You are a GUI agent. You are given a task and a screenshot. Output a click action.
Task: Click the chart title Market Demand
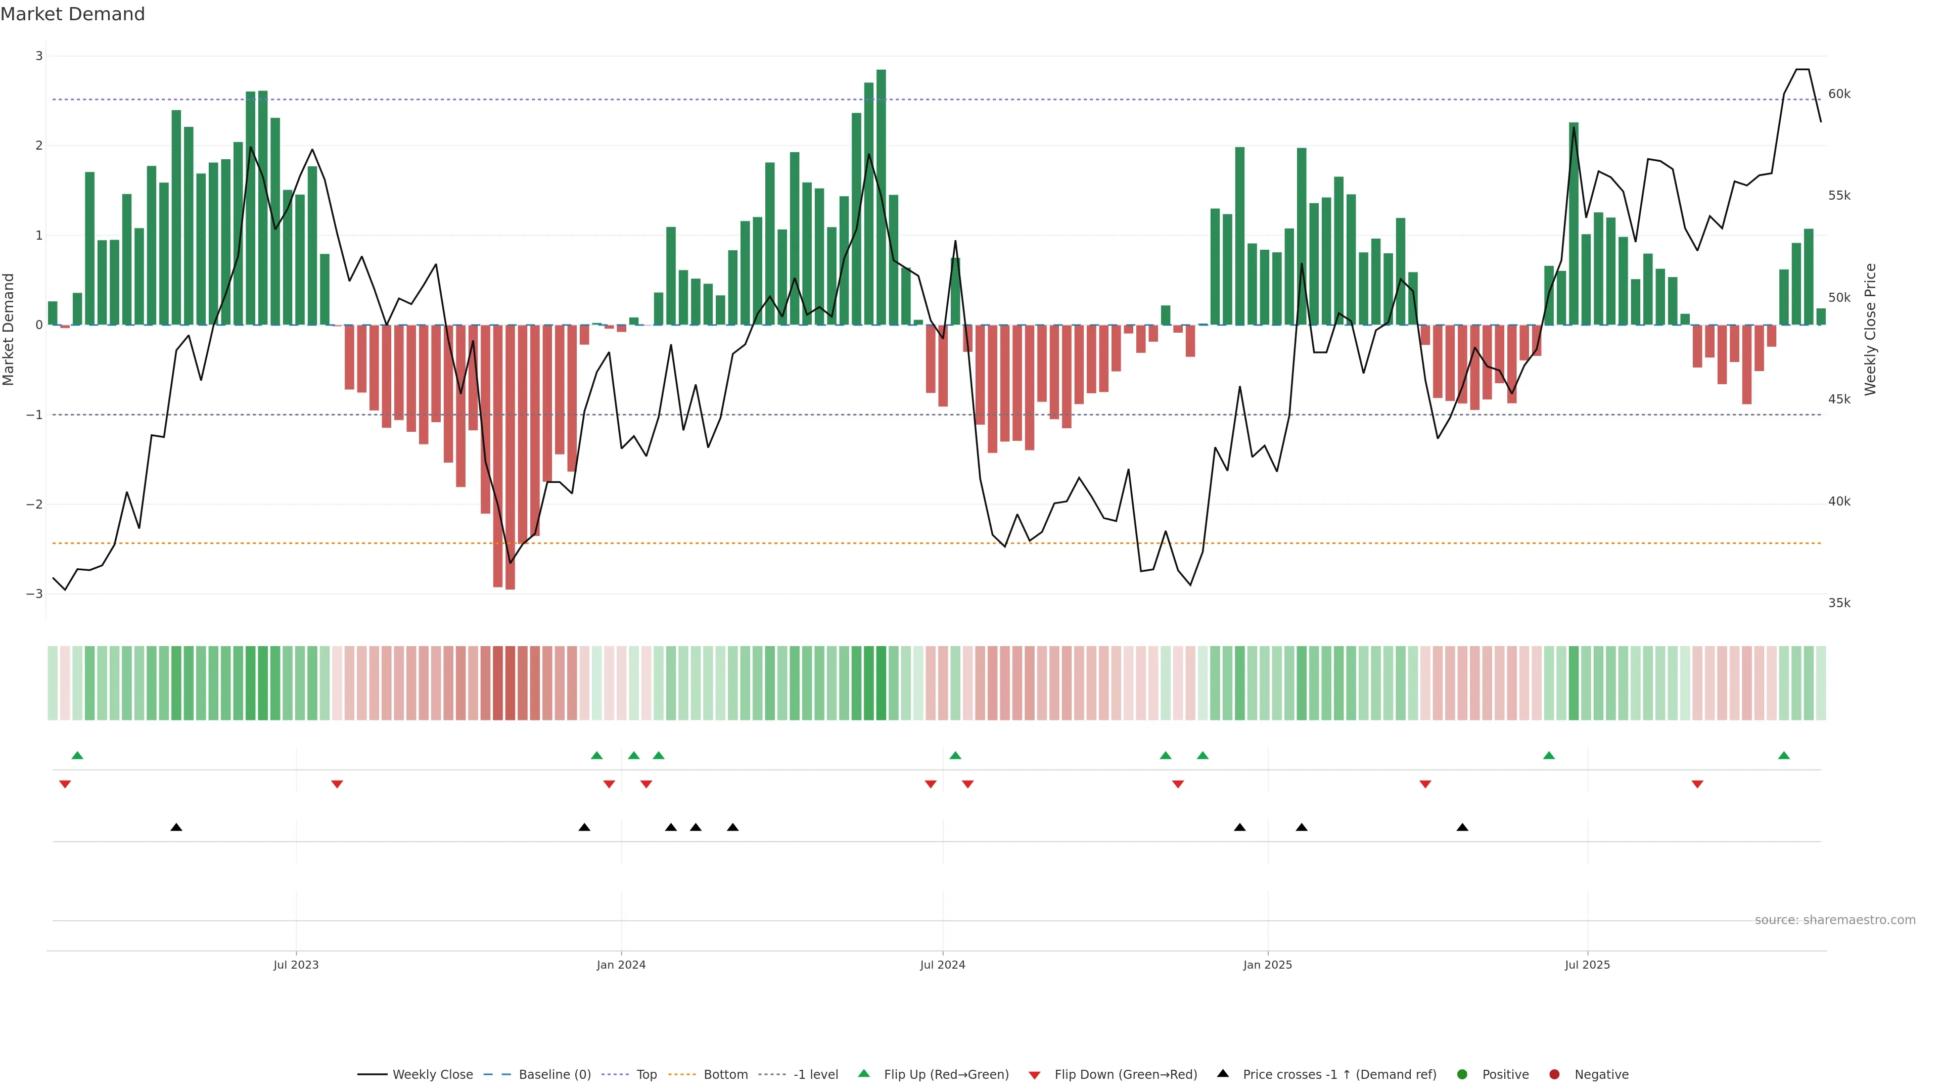tap(72, 14)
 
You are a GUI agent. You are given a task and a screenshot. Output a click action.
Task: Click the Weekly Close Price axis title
tap(1870, 329)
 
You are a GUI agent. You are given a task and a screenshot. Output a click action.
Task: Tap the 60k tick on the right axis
tap(1839, 94)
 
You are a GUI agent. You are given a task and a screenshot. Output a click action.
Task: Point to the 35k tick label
tap(1839, 603)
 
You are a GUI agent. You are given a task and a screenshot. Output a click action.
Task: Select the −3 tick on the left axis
tap(34, 594)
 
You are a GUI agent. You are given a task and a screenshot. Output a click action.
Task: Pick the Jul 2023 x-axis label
tap(296, 965)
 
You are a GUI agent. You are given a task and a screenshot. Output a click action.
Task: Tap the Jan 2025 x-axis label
tap(1267, 965)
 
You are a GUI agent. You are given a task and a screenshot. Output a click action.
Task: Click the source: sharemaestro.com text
tap(1835, 920)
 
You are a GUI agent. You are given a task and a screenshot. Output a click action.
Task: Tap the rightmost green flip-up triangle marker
tap(1783, 755)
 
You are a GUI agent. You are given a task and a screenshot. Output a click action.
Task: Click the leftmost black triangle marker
tap(176, 828)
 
